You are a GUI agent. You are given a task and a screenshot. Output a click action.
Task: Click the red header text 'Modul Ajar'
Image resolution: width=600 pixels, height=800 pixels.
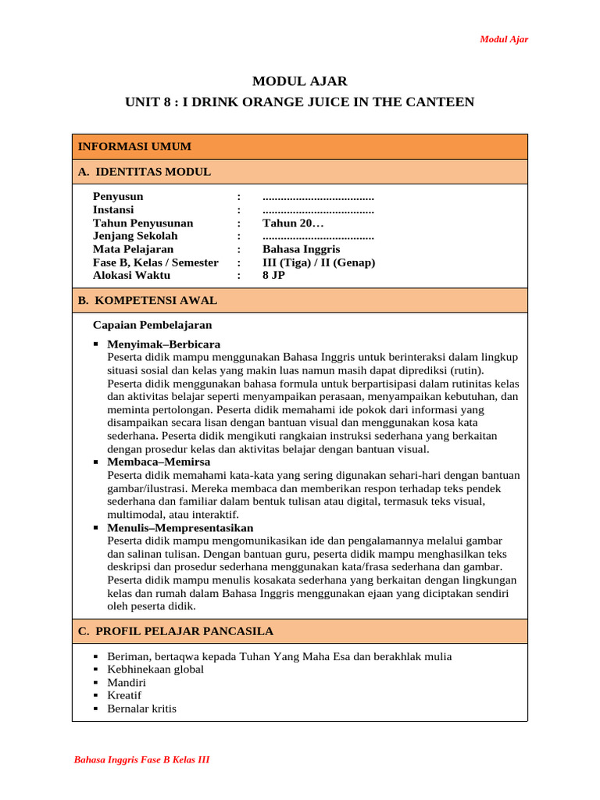pyautogui.click(x=503, y=40)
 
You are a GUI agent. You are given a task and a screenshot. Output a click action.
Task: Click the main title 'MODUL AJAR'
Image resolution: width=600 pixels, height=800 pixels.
pyautogui.click(x=299, y=81)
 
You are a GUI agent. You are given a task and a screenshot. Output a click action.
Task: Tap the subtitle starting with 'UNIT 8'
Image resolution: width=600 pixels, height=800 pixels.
pyautogui.click(x=299, y=102)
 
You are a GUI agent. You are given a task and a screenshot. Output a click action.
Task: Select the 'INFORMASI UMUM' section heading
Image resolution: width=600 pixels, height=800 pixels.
pyautogui.click(x=134, y=147)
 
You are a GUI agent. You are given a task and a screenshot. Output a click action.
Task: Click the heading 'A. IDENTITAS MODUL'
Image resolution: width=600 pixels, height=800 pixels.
pyautogui.click(x=144, y=172)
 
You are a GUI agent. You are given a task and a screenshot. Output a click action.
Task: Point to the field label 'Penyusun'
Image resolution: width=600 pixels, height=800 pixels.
pyautogui.click(x=118, y=197)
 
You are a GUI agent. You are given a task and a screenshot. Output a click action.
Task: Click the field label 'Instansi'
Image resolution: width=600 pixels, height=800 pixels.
pyautogui.click(x=113, y=210)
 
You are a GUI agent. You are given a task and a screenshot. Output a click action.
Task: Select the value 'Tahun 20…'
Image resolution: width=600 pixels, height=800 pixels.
pyautogui.click(x=293, y=223)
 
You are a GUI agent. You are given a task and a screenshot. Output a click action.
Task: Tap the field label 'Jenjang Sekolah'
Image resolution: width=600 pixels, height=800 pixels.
pyautogui.click(x=135, y=236)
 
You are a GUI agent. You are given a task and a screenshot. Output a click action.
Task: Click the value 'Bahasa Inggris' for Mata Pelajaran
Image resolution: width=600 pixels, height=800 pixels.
pyautogui.click(x=301, y=249)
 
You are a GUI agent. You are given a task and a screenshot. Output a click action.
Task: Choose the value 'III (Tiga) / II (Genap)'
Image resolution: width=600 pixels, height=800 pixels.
pyautogui.click(x=319, y=262)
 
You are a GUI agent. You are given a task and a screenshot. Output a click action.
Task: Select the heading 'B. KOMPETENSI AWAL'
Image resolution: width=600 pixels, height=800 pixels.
pyautogui.click(x=147, y=301)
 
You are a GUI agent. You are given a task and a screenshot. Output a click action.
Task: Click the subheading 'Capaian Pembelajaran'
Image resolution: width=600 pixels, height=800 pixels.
pyautogui.click(x=152, y=325)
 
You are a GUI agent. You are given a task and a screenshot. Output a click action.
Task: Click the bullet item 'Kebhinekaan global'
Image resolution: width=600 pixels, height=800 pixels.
pyautogui.click(x=155, y=670)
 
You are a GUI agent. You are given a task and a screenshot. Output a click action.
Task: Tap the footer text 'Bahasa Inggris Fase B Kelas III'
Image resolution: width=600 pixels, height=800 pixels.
pyautogui.click(x=141, y=760)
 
